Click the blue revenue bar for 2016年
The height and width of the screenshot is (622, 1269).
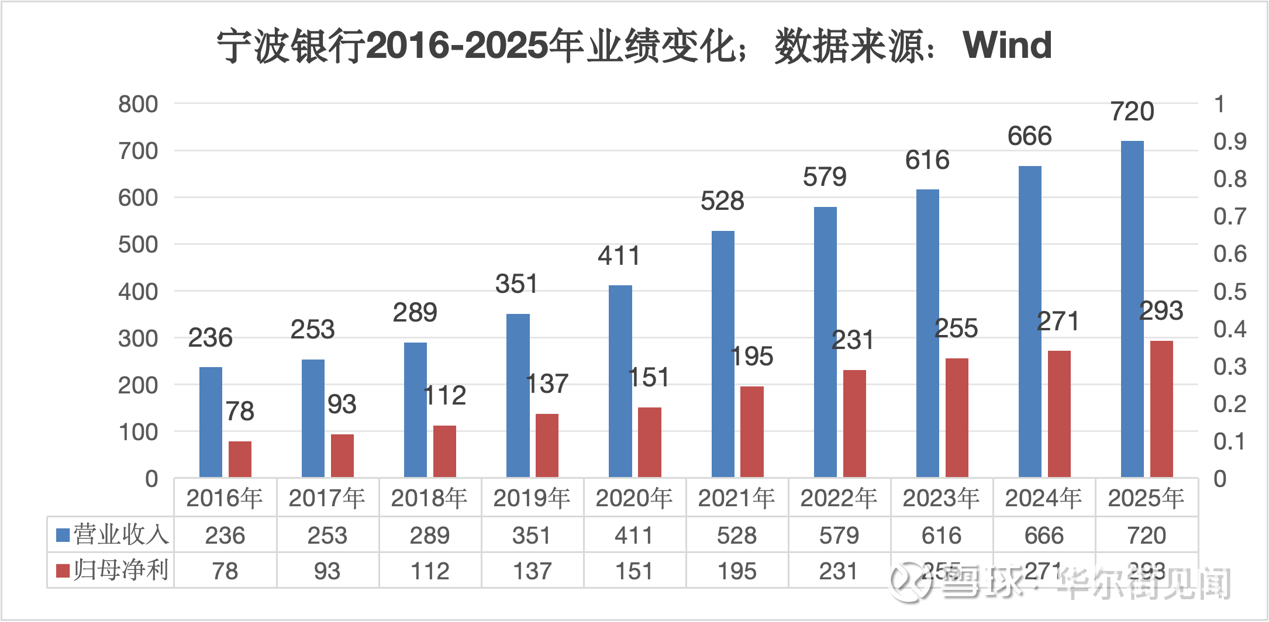pos(211,422)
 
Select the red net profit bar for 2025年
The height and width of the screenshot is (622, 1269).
pos(1161,409)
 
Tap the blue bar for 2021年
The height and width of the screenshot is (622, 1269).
pos(723,354)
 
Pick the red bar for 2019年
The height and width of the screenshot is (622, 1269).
pos(547,445)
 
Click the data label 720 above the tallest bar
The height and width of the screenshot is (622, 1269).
pos(1132,112)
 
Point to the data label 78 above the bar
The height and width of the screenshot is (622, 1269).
pos(240,411)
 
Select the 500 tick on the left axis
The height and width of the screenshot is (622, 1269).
pos(138,244)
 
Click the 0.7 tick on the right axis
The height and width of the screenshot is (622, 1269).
pos(1230,217)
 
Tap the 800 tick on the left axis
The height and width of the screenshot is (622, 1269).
pos(138,104)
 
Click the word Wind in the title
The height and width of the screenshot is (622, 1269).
pos(1007,45)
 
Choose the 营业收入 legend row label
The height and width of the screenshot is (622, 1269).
pos(120,535)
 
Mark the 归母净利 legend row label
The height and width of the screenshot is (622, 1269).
pos(120,570)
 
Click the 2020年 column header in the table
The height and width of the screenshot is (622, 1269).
pos(634,498)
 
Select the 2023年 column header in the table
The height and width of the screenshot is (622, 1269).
pos(942,498)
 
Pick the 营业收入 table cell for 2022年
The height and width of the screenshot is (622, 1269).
pos(839,535)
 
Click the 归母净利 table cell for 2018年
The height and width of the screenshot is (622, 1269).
pos(430,571)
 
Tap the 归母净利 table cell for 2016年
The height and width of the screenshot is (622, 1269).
pos(225,571)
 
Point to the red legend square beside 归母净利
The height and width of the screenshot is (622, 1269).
pos(63,571)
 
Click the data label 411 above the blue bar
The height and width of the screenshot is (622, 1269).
pos(619,256)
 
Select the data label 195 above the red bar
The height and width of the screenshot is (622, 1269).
pos(752,357)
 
